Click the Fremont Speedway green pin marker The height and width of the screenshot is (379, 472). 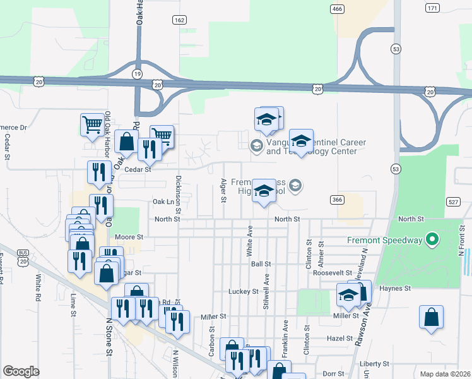point(432,240)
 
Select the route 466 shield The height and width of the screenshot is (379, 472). point(338,8)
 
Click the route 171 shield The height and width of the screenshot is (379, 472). point(432,8)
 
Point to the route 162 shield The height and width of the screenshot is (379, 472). point(179,20)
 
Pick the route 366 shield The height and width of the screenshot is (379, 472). point(338,200)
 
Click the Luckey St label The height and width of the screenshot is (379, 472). point(247,291)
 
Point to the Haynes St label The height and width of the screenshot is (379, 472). point(396,287)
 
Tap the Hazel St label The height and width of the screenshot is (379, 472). point(339,338)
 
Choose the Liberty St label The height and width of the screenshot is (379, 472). point(374,364)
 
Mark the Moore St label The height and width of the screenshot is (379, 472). point(129,237)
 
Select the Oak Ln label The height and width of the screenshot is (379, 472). point(163,202)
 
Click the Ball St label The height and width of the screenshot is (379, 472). point(261,263)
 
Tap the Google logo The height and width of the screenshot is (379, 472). point(21,371)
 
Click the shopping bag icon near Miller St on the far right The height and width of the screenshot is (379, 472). point(431,318)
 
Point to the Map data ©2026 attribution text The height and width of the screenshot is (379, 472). point(445,374)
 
